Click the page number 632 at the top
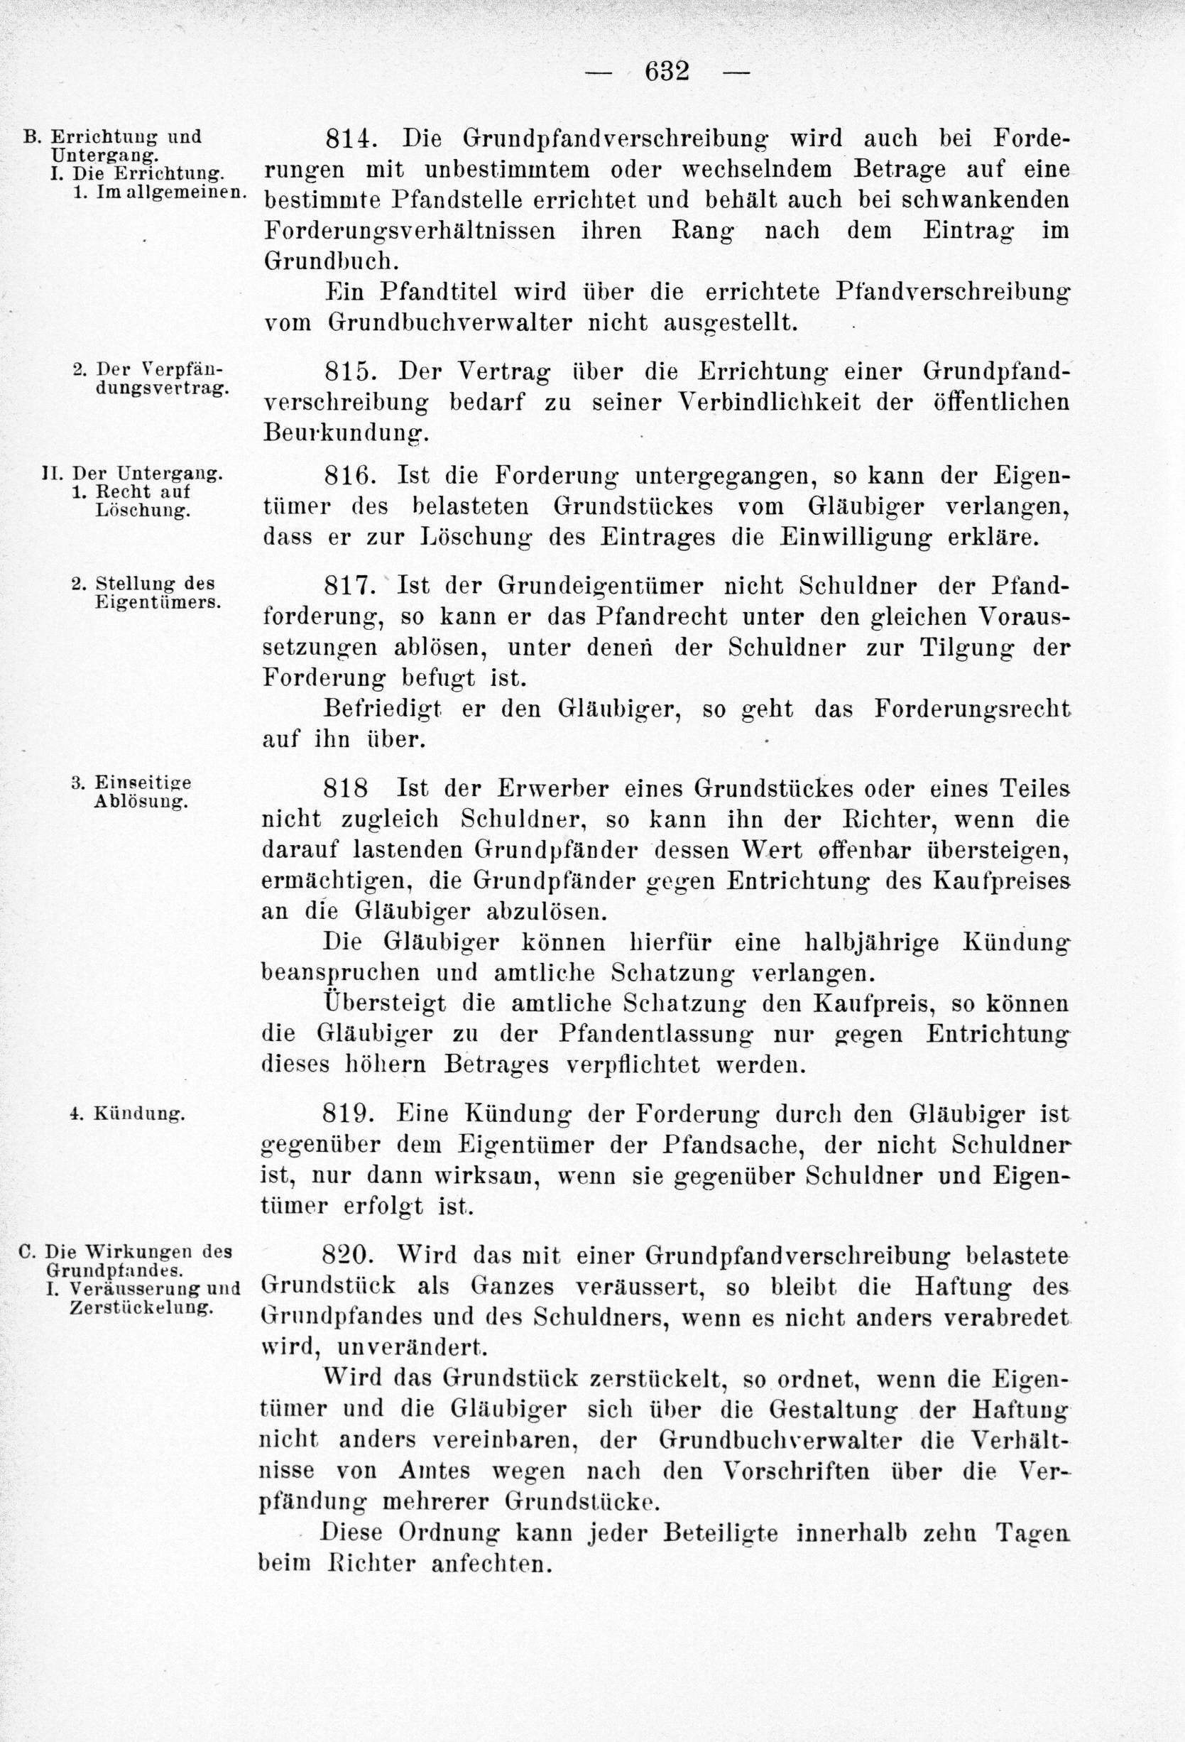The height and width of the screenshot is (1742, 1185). click(x=666, y=72)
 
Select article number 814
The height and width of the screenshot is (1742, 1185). click(x=349, y=138)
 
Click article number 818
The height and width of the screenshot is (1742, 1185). click(x=346, y=788)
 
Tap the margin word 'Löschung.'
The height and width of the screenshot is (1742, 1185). click(x=142, y=511)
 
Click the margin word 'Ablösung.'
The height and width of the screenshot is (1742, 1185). click(x=141, y=801)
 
